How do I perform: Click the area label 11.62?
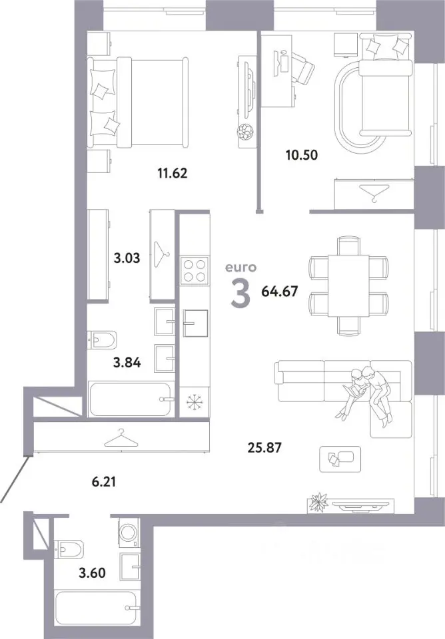[x=172, y=173]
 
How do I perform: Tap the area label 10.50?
[x=302, y=155]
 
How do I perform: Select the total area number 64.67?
[x=280, y=292]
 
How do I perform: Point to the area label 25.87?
[x=264, y=448]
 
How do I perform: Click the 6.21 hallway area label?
[x=104, y=482]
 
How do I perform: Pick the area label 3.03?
[x=127, y=258]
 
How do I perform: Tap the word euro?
[x=241, y=268]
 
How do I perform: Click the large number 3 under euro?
[x=240, y=294]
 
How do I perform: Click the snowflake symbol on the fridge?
[x=195, y=401]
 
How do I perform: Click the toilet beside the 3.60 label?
[x=69, y=549]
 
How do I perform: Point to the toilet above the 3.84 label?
[x=103, y=339]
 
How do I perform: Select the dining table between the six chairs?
[x=349, y=286]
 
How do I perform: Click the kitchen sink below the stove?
[x=195, y=323]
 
